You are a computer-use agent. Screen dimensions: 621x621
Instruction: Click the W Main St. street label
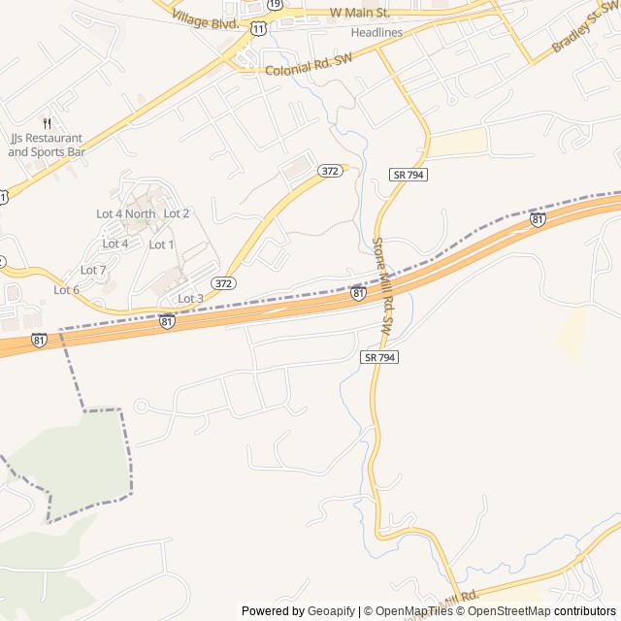point(359,13)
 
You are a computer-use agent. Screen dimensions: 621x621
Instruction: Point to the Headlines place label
point(376,32)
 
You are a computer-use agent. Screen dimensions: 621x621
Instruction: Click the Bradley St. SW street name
point(583,30)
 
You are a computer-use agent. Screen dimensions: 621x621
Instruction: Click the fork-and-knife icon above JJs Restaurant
point(47,123)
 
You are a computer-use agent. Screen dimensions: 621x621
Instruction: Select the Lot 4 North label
point(125,213)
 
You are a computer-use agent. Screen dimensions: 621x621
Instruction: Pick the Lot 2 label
point(177,213)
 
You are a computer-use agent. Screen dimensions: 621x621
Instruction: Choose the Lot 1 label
point(162,245)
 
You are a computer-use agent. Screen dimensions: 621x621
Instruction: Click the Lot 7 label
point(93,270)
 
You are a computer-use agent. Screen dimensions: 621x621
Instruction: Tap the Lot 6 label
point(67,290)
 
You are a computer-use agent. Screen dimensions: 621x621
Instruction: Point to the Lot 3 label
point(190,298)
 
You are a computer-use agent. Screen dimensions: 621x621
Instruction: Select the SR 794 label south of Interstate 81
point(380,357)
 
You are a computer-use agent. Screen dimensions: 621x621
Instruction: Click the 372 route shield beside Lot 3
point(224,283)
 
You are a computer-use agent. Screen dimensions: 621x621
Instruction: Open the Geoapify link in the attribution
point(331,611)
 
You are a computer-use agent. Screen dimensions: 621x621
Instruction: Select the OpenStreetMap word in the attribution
point(509,611)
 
